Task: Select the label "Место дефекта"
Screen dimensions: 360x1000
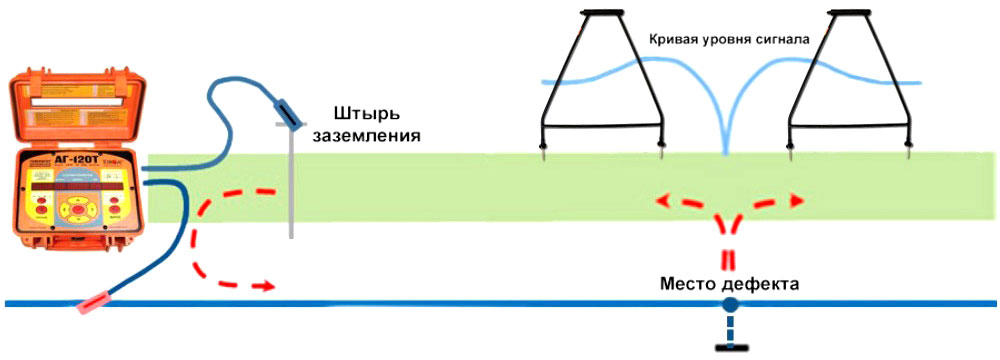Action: (x=729, y=283)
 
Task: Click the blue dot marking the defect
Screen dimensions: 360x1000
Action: (x=730, y=303)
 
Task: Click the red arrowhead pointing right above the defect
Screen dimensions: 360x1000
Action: (x=796, y=201)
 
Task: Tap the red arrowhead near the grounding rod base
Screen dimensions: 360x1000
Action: (x=265, y=286)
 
